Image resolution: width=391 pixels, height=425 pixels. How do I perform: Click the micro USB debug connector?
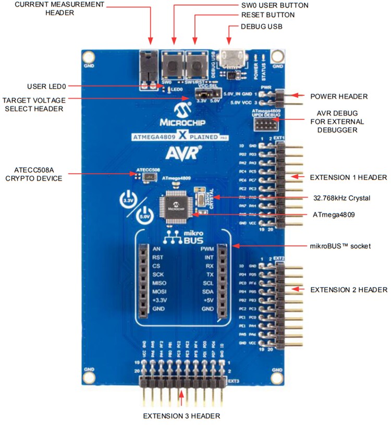[229, 58]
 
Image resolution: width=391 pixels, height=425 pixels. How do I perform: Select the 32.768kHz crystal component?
[198, 197]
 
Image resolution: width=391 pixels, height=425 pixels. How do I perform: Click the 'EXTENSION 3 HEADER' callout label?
[181, 416]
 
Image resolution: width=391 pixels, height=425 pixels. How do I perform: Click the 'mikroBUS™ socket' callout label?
[339, 245]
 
